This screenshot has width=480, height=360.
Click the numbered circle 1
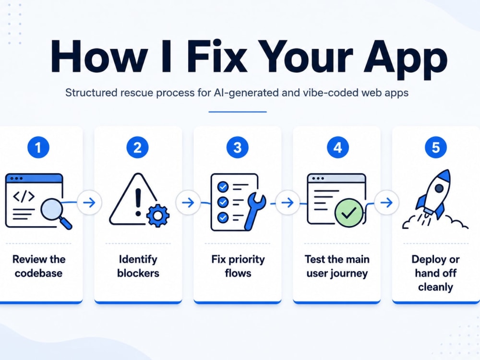point(38,147)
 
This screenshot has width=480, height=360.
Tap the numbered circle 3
point(237,147)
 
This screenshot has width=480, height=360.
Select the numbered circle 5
point(436,147)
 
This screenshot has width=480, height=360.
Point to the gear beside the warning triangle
point(158,216)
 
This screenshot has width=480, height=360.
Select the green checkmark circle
point(348,213)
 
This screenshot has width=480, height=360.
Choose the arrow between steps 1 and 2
point(89,203)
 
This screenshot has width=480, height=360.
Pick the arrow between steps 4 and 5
point(386,203)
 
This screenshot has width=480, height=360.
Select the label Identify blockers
point(138,266)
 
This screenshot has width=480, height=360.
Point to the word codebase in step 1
point(38,273)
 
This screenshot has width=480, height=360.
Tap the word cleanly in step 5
point(435,288)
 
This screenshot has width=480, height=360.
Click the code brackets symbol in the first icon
point(24,196)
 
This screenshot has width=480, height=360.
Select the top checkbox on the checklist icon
point(223,186)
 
